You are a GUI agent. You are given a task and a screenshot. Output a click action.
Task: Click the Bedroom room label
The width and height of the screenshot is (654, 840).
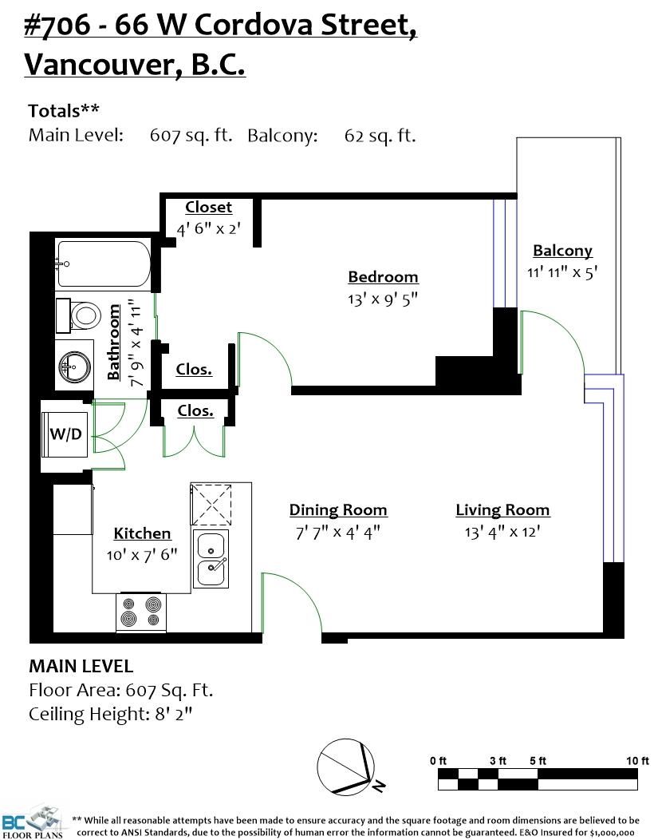click(383, 277)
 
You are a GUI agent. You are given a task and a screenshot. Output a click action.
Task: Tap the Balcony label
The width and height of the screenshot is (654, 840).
click(562, 251)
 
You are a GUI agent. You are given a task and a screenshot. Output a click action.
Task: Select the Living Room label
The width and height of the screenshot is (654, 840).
click(502, 510)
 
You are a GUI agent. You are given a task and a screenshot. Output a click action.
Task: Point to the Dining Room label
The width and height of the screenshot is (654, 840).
click(338, 510)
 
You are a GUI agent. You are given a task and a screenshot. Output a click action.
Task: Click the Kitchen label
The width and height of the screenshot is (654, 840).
click(142, 533)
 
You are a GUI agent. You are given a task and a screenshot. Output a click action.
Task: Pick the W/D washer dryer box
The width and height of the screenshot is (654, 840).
click(65, 434)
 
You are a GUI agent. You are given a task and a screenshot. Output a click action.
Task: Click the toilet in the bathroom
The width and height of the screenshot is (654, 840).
click(79, 315)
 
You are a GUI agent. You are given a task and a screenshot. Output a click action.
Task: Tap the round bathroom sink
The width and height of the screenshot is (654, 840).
click(75, 367)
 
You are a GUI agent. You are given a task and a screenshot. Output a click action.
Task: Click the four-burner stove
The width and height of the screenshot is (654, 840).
click(141, 612)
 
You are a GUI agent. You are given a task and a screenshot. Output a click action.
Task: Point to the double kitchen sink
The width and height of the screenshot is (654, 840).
click(211, 559)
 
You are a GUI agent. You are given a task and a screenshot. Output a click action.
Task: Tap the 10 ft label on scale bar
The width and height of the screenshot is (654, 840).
click(637, 761)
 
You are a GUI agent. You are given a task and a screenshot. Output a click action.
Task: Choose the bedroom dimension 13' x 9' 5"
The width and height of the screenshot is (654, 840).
click(383, 299)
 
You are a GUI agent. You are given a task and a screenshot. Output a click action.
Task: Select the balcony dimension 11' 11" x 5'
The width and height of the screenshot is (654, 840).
click(562, 272)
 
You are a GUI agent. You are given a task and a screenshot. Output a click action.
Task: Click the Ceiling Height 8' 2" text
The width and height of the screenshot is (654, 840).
click(110, 714)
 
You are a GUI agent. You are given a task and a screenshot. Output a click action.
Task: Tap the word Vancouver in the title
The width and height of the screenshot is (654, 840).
click(100, 65)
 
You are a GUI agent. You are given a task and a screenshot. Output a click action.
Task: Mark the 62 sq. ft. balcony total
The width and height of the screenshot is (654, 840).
click(380, 136)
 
